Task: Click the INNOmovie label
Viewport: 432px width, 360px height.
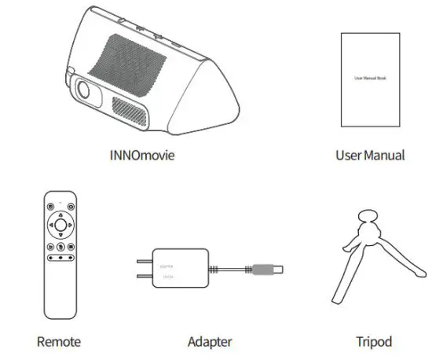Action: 141,155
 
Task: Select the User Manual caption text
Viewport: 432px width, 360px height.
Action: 369,155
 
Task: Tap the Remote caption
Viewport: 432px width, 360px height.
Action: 59,342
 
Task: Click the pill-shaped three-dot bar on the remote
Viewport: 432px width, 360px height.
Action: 60,257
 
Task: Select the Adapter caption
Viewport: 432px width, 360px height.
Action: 209,342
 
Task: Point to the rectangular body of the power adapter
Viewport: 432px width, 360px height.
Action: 180,269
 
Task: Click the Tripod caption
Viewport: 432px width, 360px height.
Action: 373,342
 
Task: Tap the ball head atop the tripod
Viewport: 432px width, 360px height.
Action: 365,218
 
